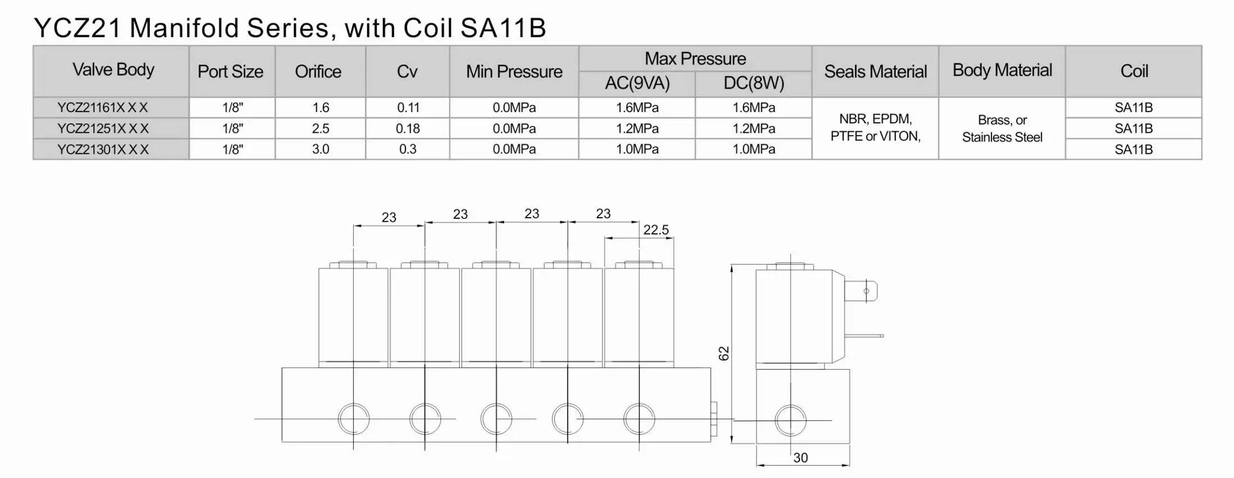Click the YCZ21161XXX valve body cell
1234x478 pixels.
[111, 108]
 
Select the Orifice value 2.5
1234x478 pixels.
[321, 128]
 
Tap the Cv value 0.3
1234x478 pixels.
[408, 149]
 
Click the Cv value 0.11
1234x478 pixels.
[408, 108]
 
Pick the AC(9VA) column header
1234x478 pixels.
[637, 84]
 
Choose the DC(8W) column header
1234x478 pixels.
[753, 84]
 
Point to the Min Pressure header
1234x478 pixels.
[514, 72]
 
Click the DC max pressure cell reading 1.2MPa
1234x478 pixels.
[753, 128]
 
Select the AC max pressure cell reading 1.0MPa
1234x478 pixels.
[637, 149]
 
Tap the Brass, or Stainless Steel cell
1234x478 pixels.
[1002, 128]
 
